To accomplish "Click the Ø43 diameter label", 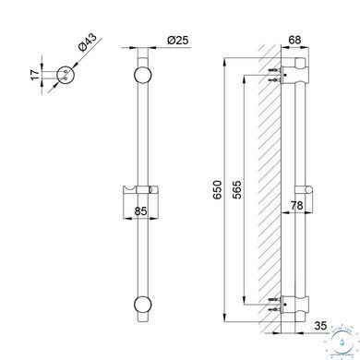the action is pyautogui.click(x=88, y=42).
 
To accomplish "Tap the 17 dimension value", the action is pyautogui.click(x=36, y=75).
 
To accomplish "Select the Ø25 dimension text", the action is pyautogui.click(x=177, y=40).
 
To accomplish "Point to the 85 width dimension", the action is pyautogui.click(x=140, y=211).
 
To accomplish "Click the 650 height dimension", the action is pyautogui.click(x=217, y=190).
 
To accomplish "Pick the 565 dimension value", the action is pyautogui.click(x=237, y=190).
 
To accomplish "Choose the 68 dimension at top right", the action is pyautogui.click(x=295, y=40).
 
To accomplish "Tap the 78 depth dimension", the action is pyautogui.click(x=297, y=205).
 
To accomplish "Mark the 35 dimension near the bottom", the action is pyautogui.click(x=320, y=326).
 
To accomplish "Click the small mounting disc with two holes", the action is pyautogui.click(x=66, y=75).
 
